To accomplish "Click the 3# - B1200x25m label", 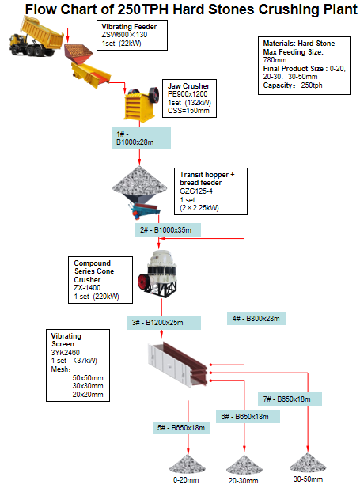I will pyautogui.click(x=157, y=323).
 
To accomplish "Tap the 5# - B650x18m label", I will pyautogui.click(x=181, y=428).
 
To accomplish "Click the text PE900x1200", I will pyautogui.click(x=188, y=94).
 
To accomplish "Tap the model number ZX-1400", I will pyautogui.click(x=88, y=289).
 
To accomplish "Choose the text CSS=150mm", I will pyautogui.click(x=188, y=111).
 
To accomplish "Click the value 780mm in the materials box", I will pyautogui.click(x=275, y=59).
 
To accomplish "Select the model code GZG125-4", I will pyautogui.click(x=198, y=190).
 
